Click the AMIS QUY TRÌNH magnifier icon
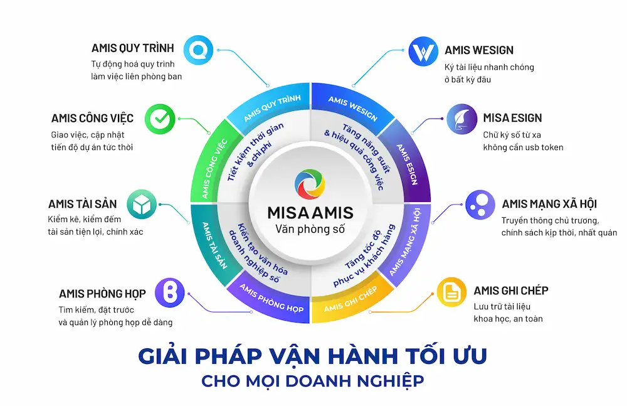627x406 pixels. pos(198,50)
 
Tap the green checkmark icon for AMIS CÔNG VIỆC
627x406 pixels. pos(160,119)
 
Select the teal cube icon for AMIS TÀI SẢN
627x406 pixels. pos(142,204)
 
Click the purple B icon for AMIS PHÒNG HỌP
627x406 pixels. pos(170,292)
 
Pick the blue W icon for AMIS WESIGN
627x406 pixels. pos(423,51)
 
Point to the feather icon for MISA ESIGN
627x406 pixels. pos(462,119)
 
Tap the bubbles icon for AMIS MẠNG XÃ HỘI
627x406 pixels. pos(480,205)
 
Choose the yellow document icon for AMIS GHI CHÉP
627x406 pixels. pos(451,292)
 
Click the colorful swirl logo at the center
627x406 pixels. pos(310,184)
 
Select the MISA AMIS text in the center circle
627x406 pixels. pos(310,213)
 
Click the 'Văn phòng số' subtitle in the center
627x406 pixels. pos(310,229)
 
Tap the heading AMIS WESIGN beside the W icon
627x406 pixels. pos(479,50)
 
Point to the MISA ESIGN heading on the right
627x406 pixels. pos(512,118)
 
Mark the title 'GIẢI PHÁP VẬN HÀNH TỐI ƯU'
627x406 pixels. pos(312,356)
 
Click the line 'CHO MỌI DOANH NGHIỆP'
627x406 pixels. pos(312,381)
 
